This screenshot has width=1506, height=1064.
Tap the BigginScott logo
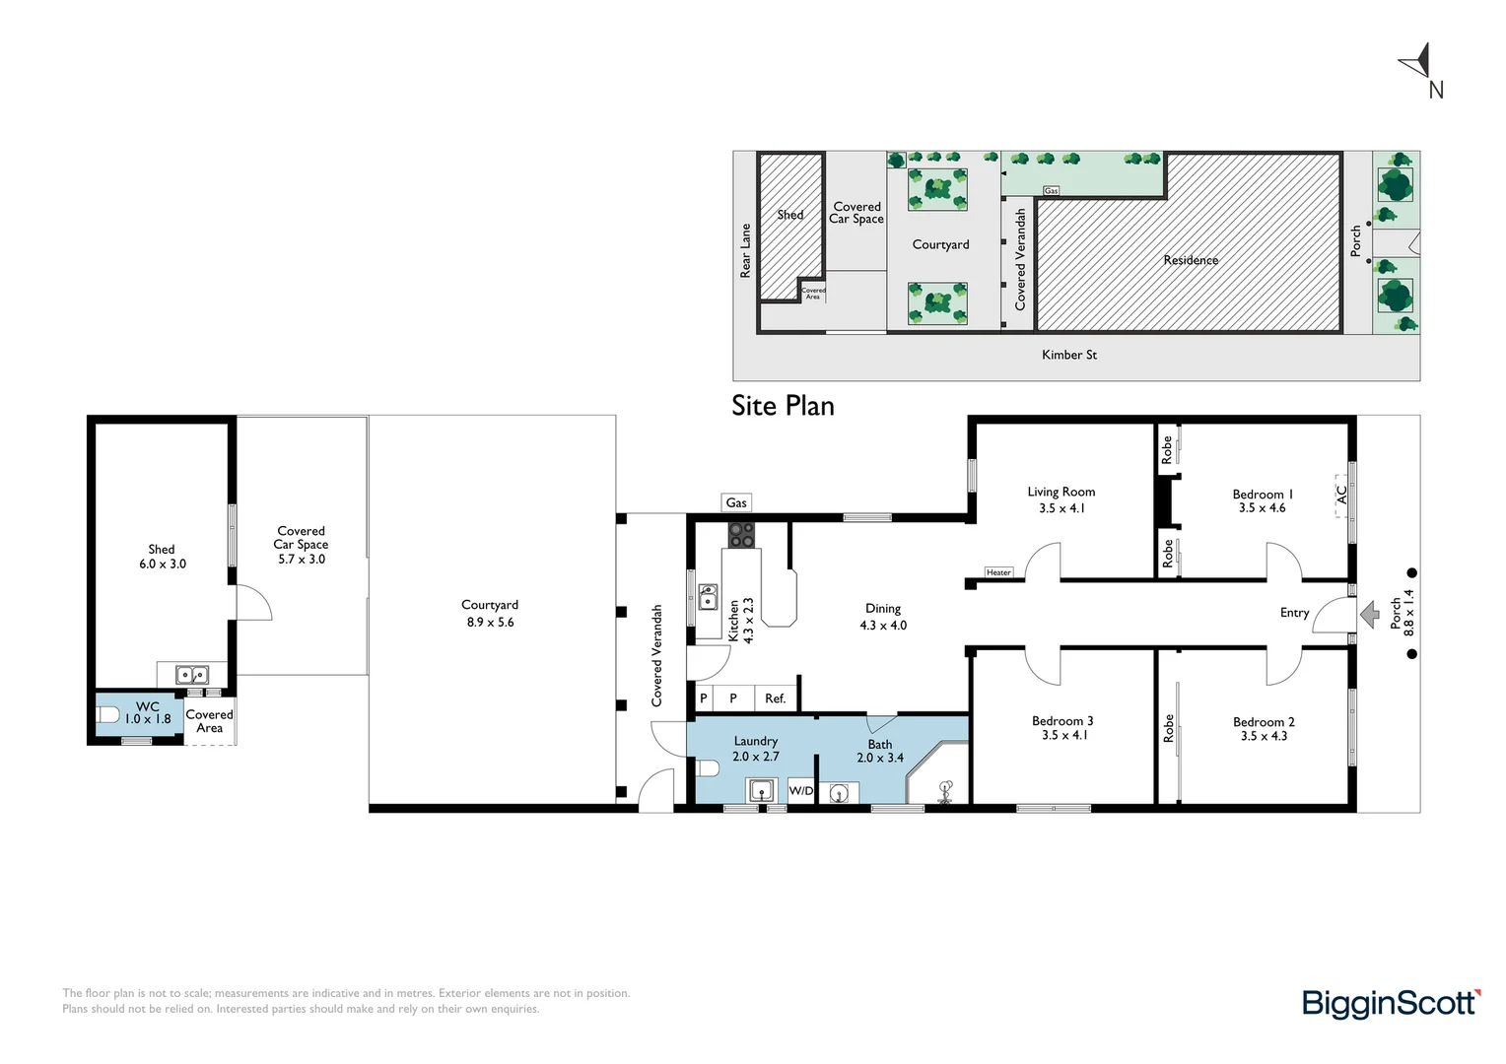click(x=1390, y=1003)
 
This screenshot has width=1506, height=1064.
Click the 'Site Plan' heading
click(x=783, y=406)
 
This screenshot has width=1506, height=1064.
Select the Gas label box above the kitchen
click(x=736, y=502)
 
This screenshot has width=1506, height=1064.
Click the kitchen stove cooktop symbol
click(x=741, y=535)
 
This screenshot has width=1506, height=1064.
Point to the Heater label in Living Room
click(x=998, y=572)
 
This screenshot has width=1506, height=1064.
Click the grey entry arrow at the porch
click(x=1370, y=616)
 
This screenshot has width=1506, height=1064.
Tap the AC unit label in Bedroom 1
click(x=1341, y=494)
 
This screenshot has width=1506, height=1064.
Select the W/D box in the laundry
click(x=801, y=790)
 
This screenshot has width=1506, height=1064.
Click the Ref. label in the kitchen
click(x=776, y=698)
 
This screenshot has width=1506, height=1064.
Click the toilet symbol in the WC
click(x=108, y=714)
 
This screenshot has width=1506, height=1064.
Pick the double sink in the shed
click(x=191, y=675)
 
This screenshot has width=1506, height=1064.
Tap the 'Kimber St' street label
click(x=1069, y=355)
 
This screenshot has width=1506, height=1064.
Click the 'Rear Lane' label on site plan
click(x=746, y=250)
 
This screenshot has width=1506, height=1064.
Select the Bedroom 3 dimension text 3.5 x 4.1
click(x=1063, y=735)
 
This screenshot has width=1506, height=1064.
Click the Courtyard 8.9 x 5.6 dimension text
click(x=490, y=622)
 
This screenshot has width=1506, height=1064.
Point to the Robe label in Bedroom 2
click(x=1169, y=729)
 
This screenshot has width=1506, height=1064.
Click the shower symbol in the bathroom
click(x=945, y=792)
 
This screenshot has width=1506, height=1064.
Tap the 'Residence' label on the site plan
click(x=1191, y=260)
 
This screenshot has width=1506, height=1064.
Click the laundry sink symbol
click(x=760, y=790)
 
